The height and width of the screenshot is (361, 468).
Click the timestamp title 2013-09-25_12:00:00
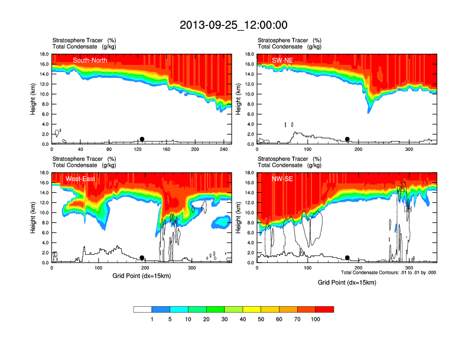233,25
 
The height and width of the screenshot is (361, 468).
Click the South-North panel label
90,60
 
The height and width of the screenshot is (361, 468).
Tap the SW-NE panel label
282,60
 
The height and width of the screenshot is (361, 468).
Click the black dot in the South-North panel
142,139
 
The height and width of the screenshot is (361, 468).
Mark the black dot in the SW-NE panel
347,139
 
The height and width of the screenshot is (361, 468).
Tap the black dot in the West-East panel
142,258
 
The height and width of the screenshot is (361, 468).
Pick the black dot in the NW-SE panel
347,258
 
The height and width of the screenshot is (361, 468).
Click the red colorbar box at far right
324,309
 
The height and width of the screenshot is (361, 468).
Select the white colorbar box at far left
142,309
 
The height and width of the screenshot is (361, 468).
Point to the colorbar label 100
315,319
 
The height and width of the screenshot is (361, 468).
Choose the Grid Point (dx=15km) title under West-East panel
141,275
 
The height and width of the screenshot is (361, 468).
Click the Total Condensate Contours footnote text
388,273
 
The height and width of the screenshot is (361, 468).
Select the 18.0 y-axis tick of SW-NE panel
250,54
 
